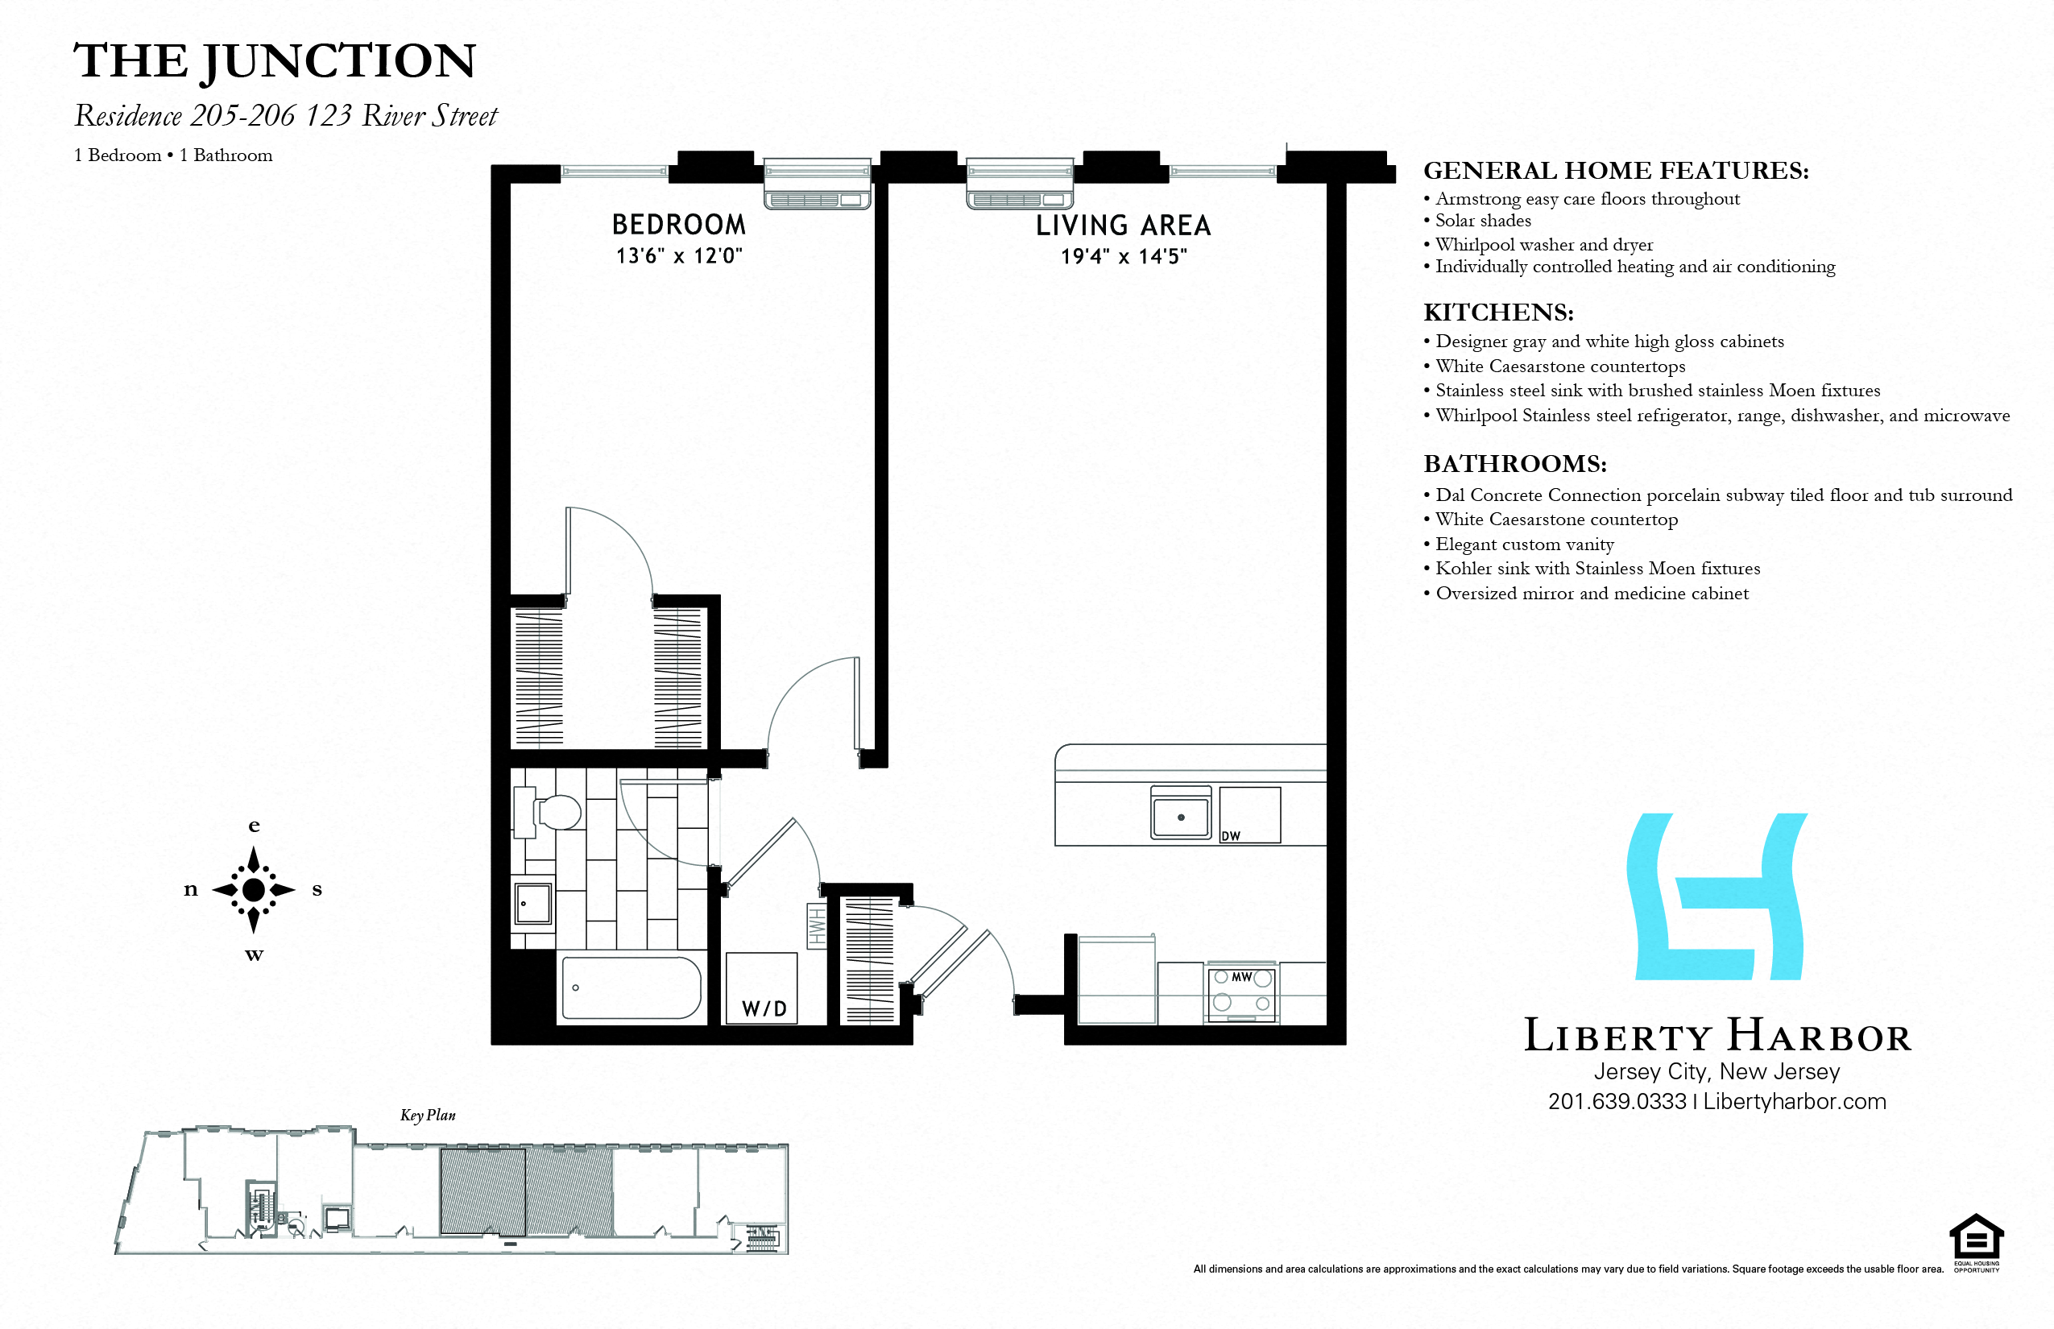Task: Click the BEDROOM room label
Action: [678, 225]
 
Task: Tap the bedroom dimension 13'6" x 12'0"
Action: [678, 256]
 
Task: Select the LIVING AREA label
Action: [1123, 226]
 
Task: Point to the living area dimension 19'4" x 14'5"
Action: [1124, 256]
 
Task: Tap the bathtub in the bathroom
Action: [631, 987]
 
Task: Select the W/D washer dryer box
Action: [762, 989]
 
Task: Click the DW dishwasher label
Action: [1231, 836]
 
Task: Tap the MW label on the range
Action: [1241, 977]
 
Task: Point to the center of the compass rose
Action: [254, 890]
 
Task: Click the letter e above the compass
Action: [254, 826]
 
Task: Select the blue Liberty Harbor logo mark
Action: [1716, 896]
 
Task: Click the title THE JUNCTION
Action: [275, 61]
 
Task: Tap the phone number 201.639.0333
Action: [1617, 1102]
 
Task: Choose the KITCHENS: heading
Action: [1498, 313]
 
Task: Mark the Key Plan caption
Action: [427, 1115]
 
